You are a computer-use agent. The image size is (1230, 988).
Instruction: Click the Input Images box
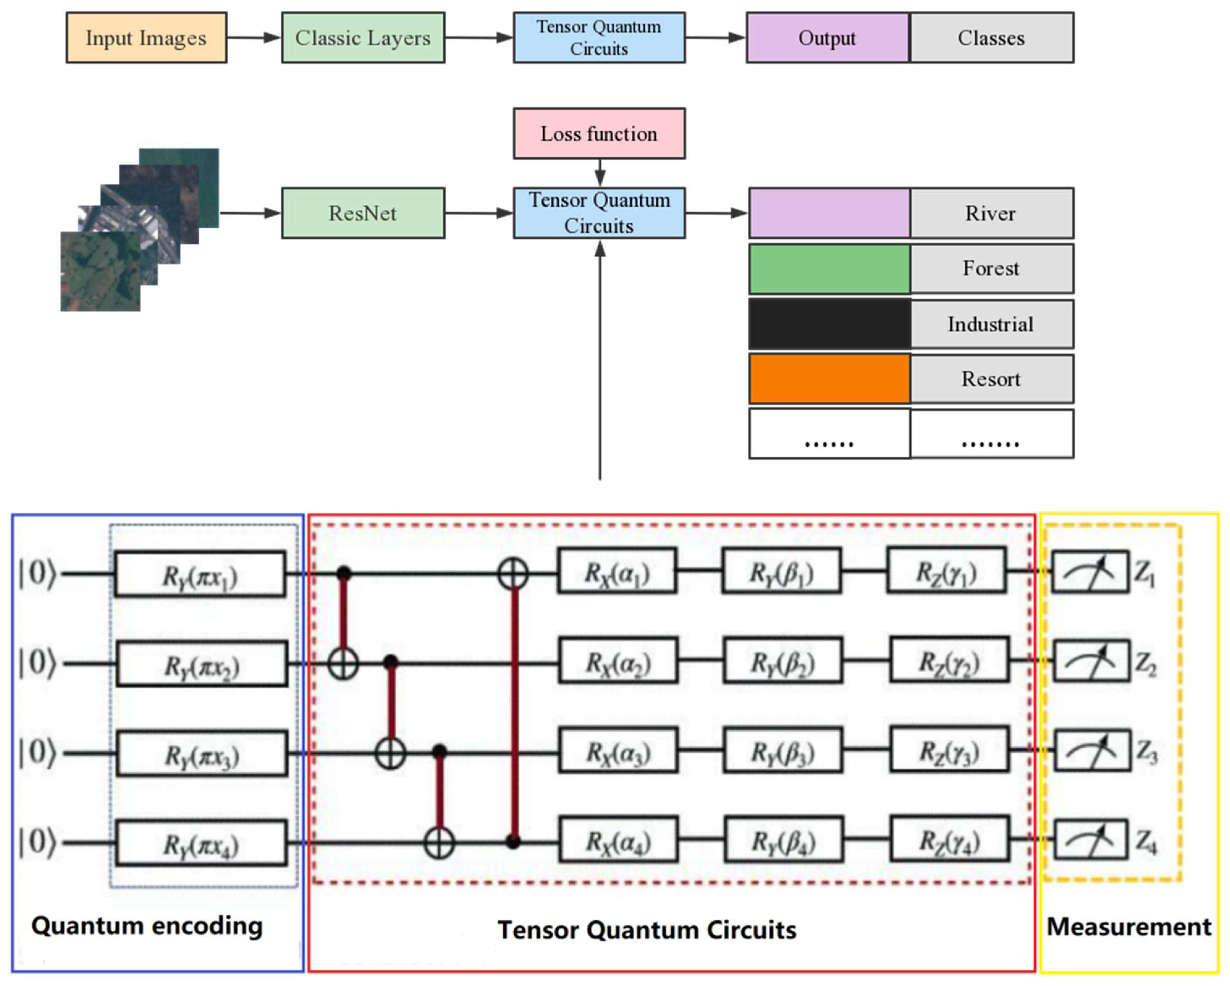[x=146, y=38]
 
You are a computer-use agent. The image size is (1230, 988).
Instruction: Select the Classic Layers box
[x=363, y=38]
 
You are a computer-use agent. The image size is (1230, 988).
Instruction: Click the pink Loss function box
[x=599, y=133]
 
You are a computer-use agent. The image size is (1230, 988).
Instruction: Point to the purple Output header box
[x=827, y=38]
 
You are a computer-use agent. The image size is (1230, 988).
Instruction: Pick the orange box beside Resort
[x=829, y=379]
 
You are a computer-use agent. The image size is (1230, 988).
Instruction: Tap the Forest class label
[x=991, y=268]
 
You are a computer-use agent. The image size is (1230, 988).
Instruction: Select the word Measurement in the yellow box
[x=1128, y=927]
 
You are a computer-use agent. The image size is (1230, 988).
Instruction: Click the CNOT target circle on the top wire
[x=513, y=573]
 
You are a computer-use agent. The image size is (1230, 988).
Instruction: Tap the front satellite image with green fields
[x=100, y=272]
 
